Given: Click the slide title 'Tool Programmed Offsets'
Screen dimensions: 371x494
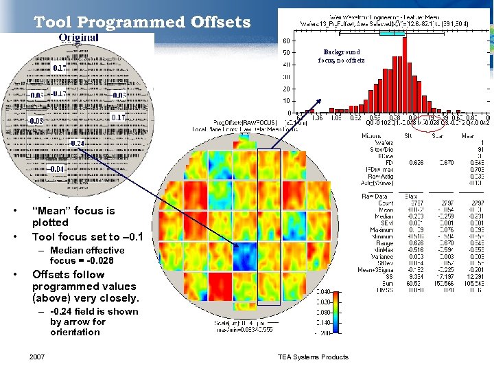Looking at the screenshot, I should tap(142, 22).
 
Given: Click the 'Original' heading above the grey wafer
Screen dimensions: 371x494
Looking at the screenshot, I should tap(78, 37).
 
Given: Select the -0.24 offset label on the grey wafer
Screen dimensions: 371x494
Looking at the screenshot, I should tap(76, 143).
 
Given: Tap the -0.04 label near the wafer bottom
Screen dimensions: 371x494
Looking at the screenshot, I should tap(57, 169).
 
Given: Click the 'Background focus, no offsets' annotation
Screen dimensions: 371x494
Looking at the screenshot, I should tap(341, 56).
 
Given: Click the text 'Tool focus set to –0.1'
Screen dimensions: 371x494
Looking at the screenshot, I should tap(87, 236).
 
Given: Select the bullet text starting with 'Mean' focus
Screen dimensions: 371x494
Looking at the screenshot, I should tap(73, 216).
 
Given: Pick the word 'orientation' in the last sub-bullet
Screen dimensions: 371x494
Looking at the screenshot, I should tap(75, 332).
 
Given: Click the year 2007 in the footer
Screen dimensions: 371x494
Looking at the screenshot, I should tap(37, 357).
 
